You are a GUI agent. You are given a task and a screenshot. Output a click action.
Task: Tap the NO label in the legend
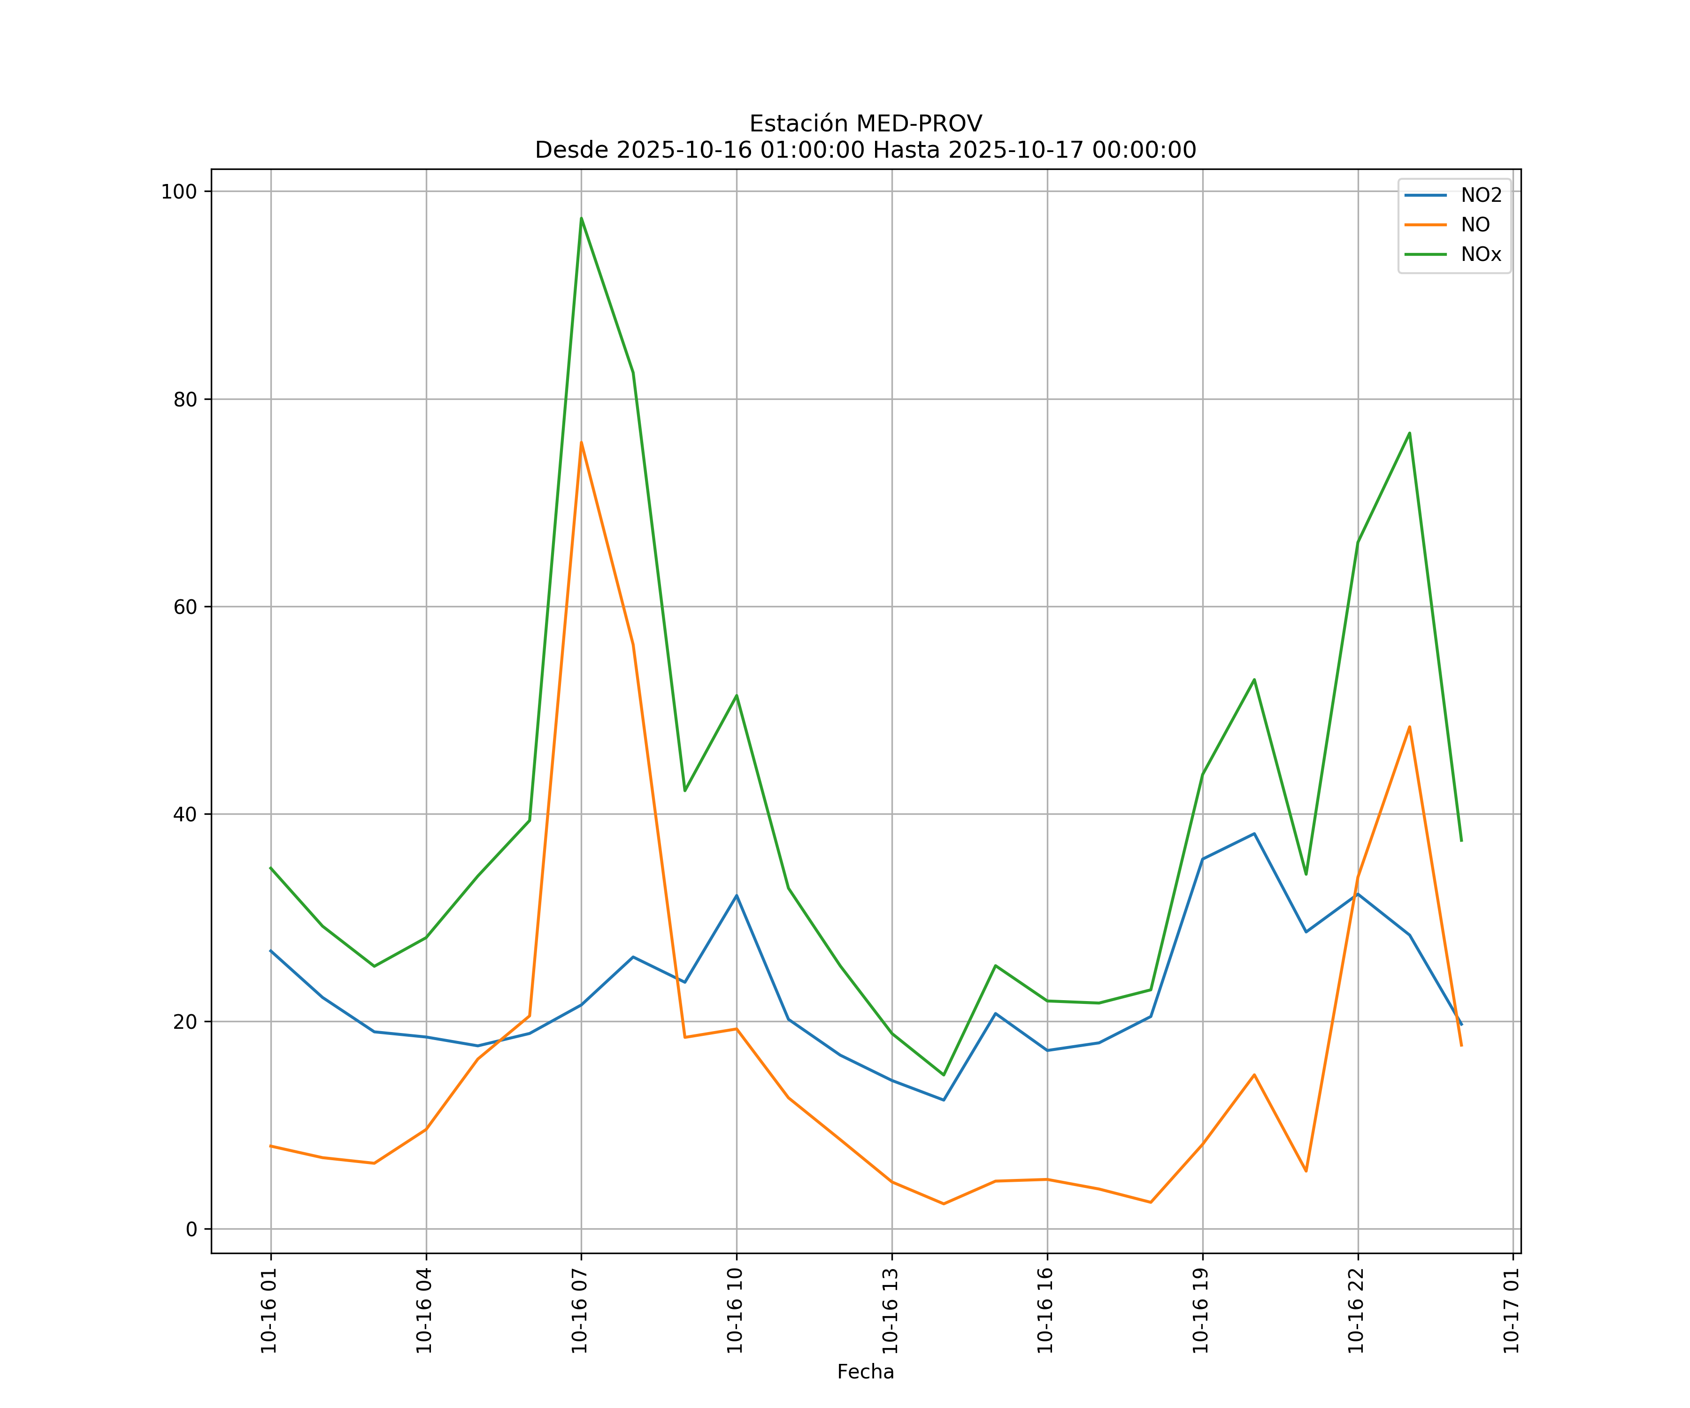pyautogui.click(x=1475, y=225)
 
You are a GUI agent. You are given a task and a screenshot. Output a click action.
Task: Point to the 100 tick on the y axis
pyautogui.click(x=179, y=191)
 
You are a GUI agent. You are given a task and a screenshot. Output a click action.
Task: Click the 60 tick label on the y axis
pyautogui.click(x=184, y=607)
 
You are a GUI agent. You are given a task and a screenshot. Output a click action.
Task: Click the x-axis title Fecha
pyautogui.click(x=865, y=1372)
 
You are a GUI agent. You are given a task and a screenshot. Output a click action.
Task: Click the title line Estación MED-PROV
pyautogui.click(x=865, y=124)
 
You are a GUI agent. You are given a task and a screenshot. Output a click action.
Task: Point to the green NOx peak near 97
pyautogui.click(x=581, y=219)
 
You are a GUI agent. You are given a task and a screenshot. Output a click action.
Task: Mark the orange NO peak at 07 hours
pyautogui.click(x=581, y=443)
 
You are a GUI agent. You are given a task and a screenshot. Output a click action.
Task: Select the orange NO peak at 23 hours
pyautogui.click(x=1409, y=727)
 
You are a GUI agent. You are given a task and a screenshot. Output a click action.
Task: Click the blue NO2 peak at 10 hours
pyautogui.click(x=737, y=895)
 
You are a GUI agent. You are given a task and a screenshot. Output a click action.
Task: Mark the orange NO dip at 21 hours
pyautogui.click(x=1306, y=1171)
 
